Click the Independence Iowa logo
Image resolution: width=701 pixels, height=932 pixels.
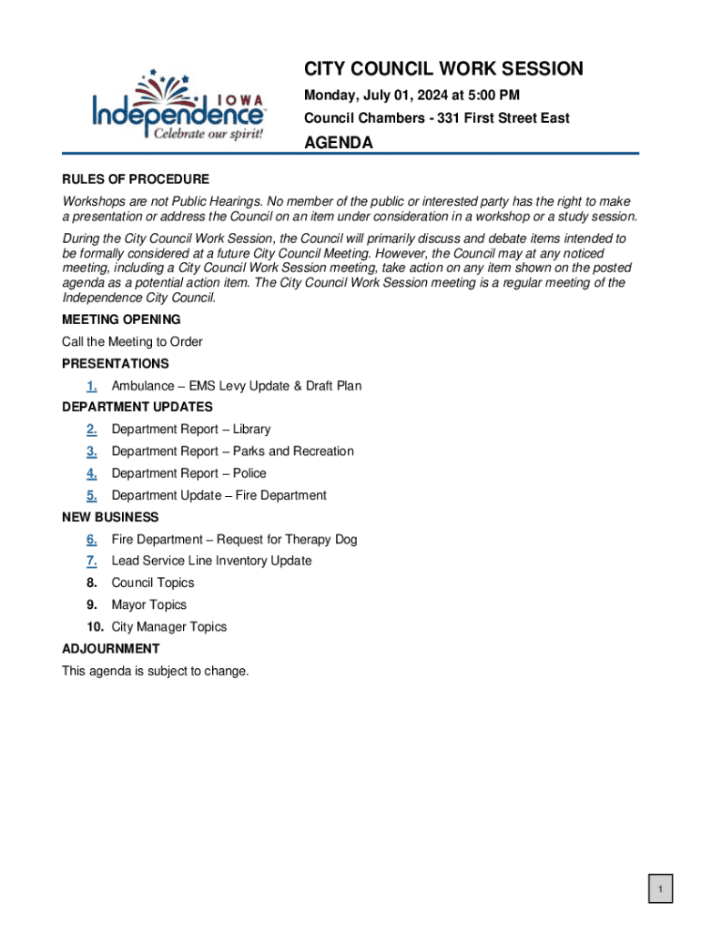[178, 106]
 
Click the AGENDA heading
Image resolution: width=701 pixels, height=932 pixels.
[338, 143]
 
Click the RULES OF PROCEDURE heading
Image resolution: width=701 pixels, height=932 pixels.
[136, 179]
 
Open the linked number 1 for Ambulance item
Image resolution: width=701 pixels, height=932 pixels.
[92, 386]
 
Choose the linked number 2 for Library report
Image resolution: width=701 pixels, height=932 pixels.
[92, 430]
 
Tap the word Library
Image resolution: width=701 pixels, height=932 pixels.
[251, 430]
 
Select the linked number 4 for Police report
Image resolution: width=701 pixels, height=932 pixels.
[92, 473]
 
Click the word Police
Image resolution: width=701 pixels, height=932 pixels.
[249, 473]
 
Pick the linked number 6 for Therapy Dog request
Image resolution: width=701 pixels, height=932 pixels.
[92, 540]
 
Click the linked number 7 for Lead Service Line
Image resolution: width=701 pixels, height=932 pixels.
[92, 562]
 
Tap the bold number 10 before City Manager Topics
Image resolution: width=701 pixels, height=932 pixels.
[96, 627]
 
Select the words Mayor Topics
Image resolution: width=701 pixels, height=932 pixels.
[148, 605]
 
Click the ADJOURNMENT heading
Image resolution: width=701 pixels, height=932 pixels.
[111, 649]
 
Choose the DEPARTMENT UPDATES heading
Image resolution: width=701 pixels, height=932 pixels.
[137, 408]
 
